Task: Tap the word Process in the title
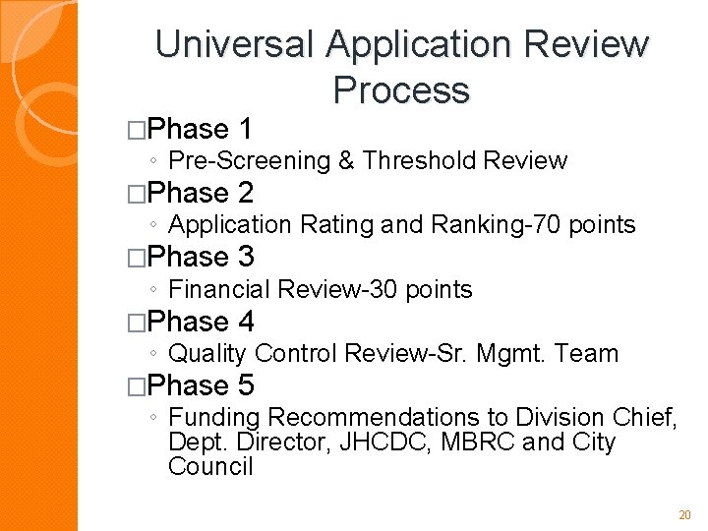401,89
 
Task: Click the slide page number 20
685,515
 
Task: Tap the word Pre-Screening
250,160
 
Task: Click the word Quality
207,353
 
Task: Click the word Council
210,466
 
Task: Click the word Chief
645,418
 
